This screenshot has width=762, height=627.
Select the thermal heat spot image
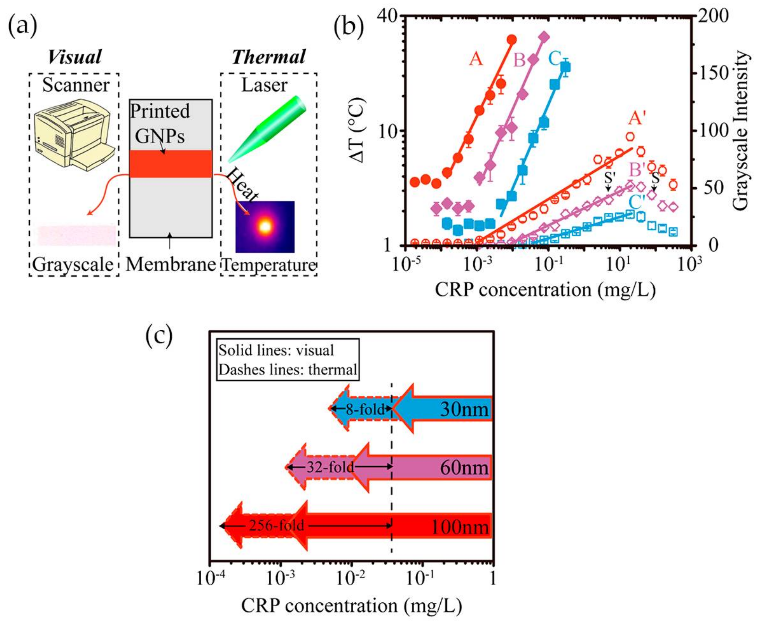265,226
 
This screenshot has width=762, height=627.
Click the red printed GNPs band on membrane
171,164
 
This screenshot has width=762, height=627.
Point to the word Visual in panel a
75,57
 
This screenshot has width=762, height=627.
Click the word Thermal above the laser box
269,57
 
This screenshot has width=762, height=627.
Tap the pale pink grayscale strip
77,235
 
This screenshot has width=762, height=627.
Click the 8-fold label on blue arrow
365,409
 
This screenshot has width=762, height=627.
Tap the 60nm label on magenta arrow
464,468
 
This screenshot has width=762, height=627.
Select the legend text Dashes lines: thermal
288,370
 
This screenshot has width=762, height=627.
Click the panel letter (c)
159,336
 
